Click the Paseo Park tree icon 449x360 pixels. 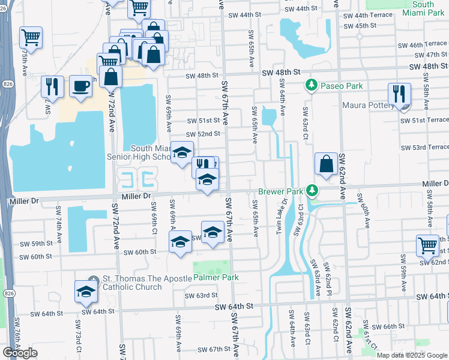312,86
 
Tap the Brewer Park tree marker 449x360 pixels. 312,191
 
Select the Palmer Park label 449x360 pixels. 216,277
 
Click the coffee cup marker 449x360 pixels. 80,86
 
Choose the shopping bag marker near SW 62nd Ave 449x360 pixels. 325,164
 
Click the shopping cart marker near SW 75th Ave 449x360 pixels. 31,37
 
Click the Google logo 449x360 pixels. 20,353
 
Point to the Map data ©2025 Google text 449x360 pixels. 411,355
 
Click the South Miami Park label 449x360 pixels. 423,8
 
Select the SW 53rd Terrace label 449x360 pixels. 426,147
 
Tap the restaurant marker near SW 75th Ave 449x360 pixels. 52,86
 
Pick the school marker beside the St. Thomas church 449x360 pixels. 86,292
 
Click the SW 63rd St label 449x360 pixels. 200,295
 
